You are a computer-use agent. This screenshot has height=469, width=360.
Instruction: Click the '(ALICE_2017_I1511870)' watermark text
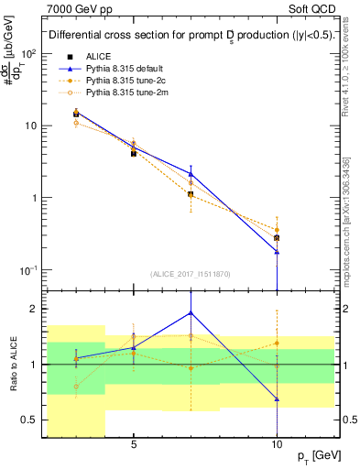tap(188, 274)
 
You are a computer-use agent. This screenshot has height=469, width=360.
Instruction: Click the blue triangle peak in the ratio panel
tap(191, 312)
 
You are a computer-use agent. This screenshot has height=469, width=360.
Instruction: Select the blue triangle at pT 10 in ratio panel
tap(277, 399)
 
